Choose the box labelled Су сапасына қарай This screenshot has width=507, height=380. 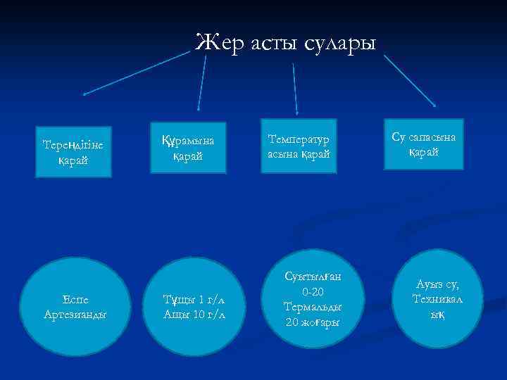(423, 144)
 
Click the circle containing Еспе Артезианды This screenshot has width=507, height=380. (75, 306)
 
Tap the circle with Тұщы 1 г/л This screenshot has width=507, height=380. (193, 306)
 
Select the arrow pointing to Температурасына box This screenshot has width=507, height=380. (295, 88)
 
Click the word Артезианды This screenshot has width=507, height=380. (75, 314)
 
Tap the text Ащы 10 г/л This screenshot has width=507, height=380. (194, 314)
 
